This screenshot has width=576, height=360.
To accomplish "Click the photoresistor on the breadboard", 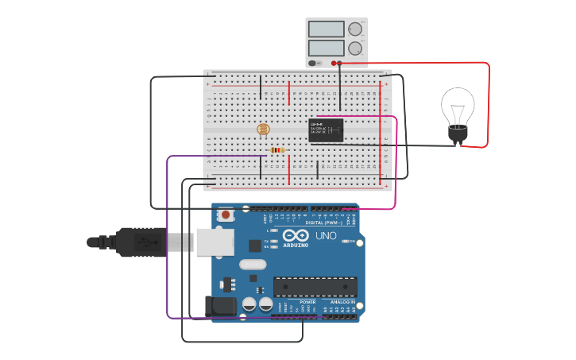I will point(264,129).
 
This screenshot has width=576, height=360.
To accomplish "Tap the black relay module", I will point(326,130).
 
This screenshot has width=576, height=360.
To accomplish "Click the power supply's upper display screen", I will point(326,29).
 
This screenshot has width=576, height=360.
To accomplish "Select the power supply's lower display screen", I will point(326,48).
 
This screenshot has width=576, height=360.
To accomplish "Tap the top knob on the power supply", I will point(354,29).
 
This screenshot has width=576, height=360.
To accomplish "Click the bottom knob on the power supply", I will point(354,48).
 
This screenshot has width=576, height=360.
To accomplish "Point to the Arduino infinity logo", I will point(295,235).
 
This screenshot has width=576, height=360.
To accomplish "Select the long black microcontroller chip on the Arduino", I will point(315,287).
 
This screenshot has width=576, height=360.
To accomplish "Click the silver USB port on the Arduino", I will point(215,242).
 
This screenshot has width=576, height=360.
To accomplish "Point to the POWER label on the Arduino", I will point(307,302).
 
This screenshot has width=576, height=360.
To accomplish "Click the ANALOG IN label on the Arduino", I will point(342,302).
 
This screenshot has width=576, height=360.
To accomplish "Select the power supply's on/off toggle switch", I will point(313,63).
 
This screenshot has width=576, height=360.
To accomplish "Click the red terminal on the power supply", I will point(339,63).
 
